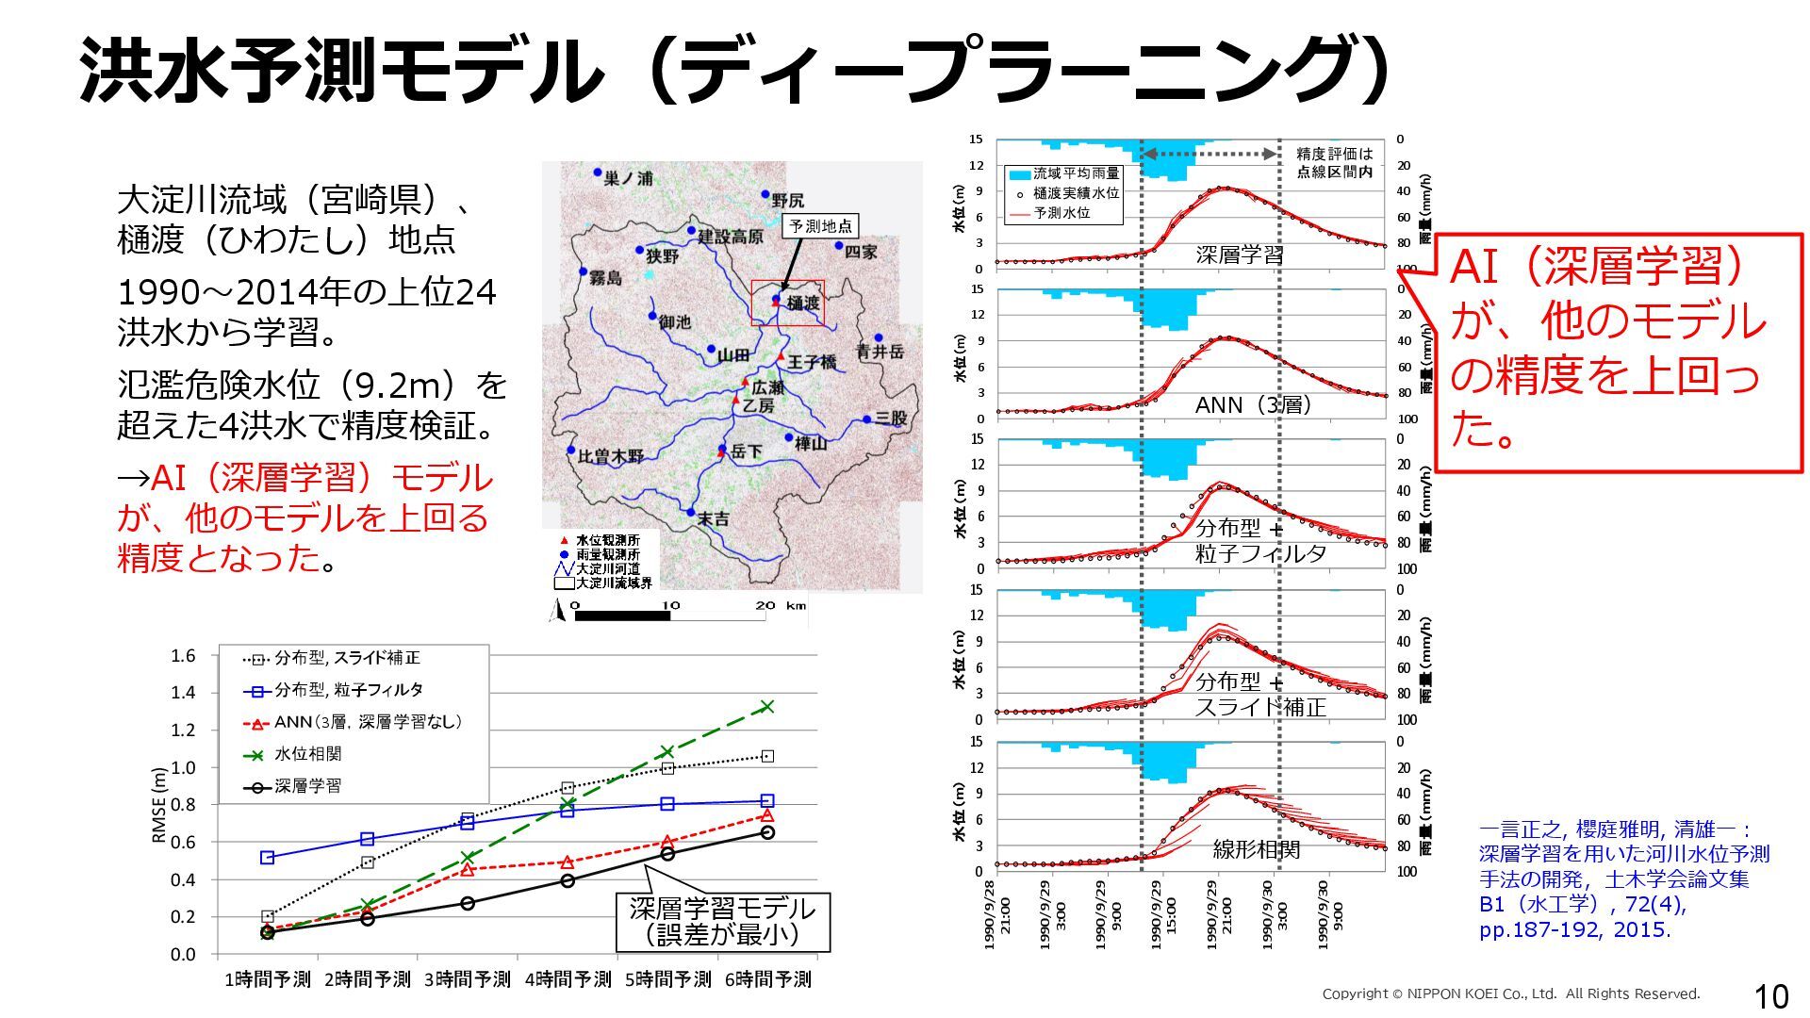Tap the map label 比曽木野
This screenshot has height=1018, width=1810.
(611, 456)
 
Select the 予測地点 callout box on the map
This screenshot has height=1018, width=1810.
(820, 226)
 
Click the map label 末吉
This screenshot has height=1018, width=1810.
(713, 518)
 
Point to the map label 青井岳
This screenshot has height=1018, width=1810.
(880, 352)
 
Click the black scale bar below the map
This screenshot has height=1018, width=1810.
(621, 616)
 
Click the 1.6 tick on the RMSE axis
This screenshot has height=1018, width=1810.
(184, 656)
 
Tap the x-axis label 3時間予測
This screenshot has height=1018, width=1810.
(468, 980)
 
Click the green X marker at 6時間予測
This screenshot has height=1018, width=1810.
(767, 706)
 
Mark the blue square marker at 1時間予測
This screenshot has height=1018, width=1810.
(268, 858)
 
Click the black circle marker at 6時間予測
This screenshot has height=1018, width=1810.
(767, 832)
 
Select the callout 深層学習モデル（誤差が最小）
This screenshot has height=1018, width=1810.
(722, 922)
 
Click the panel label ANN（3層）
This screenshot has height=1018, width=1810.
(1253, 405)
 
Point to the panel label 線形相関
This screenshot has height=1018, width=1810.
(1256, 849)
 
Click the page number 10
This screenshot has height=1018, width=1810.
(1770, 996)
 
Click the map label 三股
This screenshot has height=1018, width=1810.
(891, 418)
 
